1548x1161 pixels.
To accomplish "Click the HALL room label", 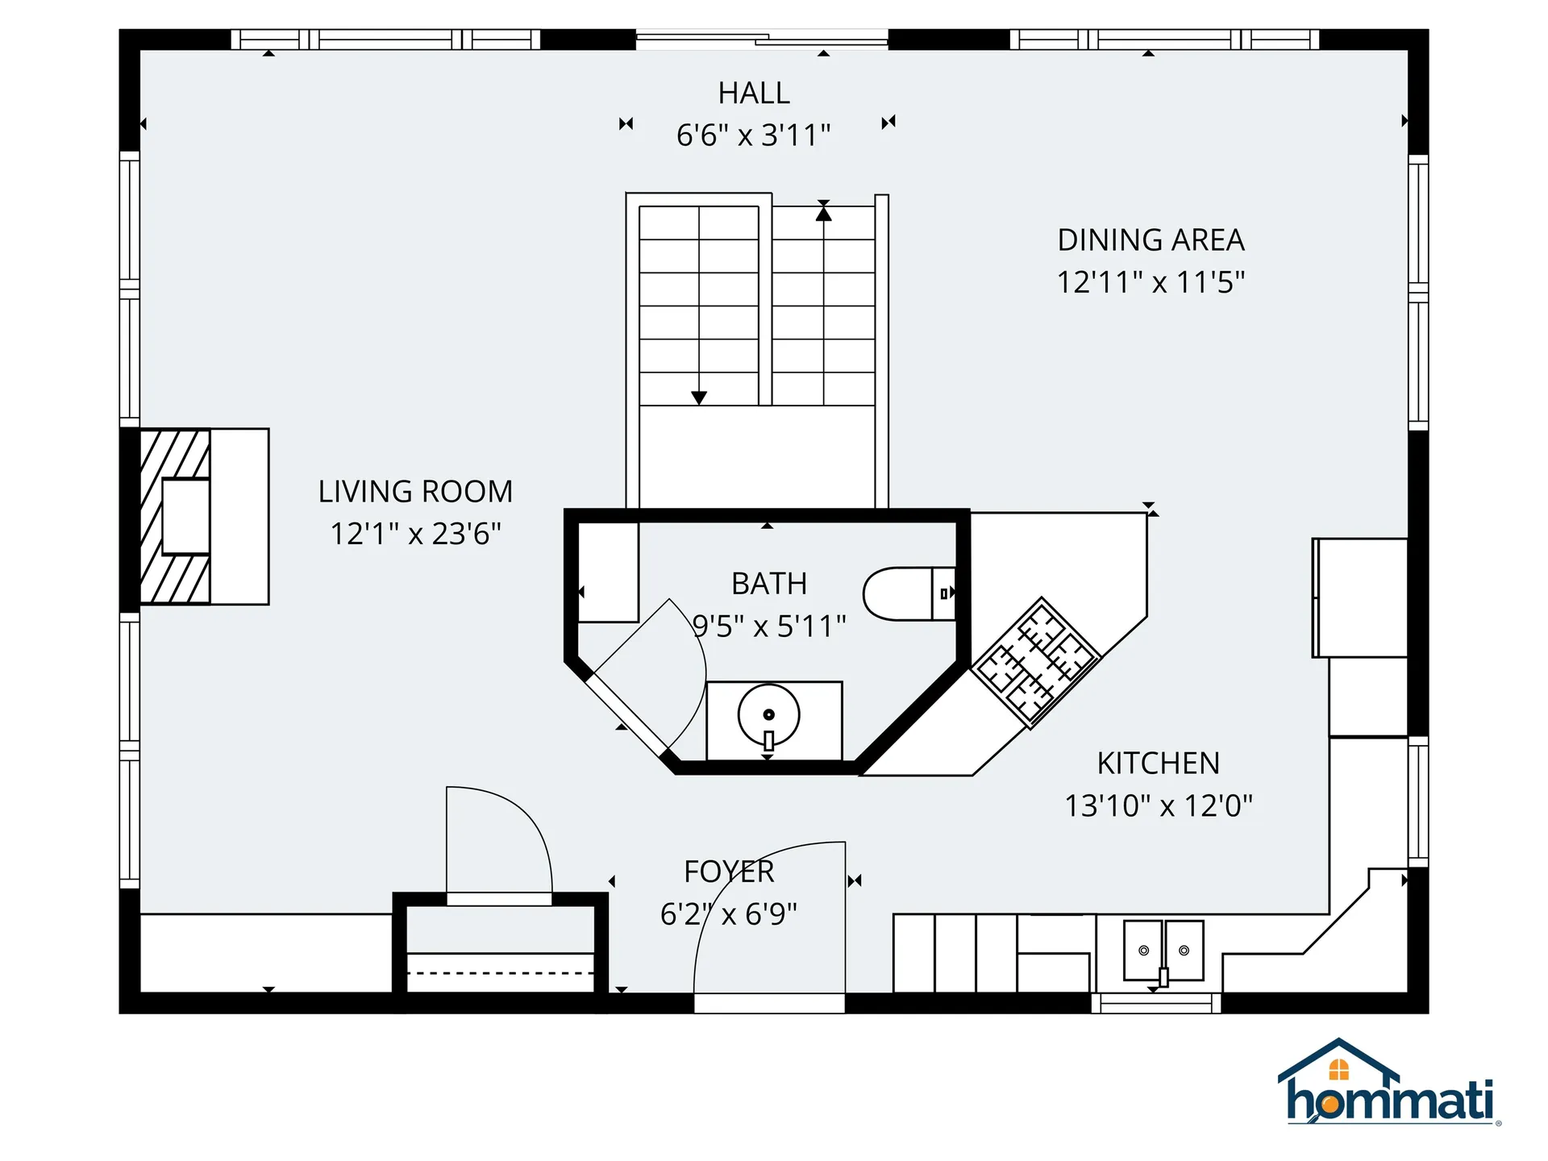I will pos(754,94).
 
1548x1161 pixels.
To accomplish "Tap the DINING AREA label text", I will pos(1151,240).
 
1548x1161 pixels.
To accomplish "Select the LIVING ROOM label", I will pos(415,492).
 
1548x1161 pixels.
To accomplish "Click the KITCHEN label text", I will pos(1158,764).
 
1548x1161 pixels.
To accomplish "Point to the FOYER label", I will pos(729,872).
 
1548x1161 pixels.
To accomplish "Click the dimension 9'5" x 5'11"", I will pos(769,626).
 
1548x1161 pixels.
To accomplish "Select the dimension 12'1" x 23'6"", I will pos(415,534).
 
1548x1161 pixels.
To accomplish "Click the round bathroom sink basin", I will pos(768,715).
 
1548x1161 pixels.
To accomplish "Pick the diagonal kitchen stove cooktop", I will pos(1036,663).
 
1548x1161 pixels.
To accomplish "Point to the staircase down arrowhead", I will pos(699,397).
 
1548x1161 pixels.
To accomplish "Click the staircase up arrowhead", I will pos(823,214).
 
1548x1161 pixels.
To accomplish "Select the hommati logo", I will pos(1388,1084).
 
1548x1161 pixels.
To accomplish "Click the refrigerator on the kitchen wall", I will pos(1360,597).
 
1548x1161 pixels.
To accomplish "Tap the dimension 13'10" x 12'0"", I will pos(1158,805).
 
